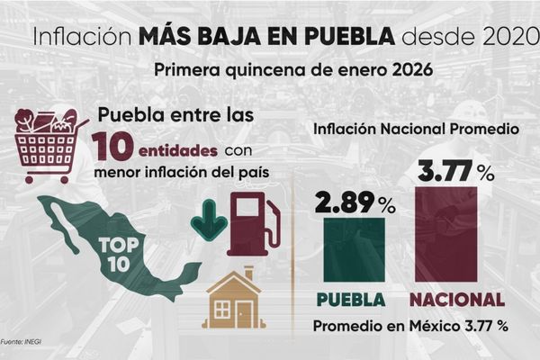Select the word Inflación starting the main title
click(x=80, y=39)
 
